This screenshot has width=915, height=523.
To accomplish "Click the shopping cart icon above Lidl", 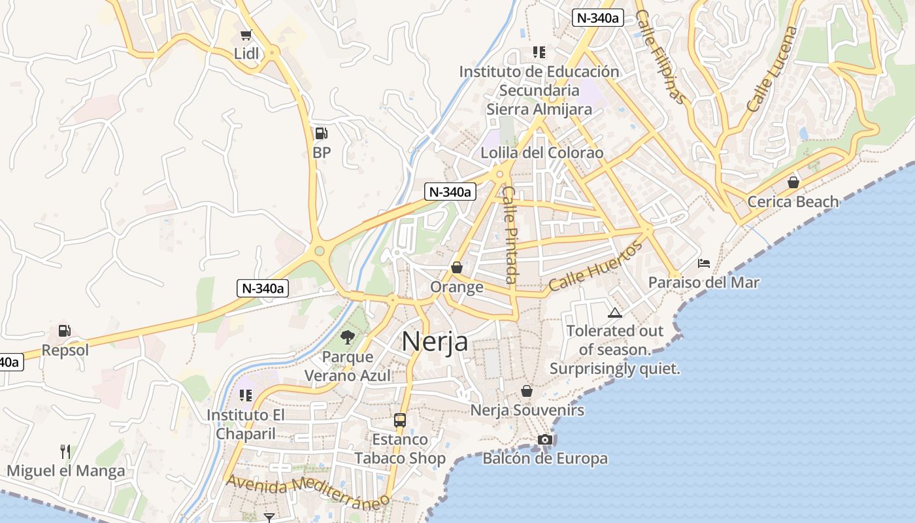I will click(246, 35).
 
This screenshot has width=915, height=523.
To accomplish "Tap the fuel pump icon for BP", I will click(321, 133).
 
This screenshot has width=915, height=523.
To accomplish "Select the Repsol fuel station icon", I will click(64, 331).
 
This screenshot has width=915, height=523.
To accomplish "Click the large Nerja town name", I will click(435, 341).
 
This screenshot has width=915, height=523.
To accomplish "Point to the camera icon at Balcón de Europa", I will click(545, 440).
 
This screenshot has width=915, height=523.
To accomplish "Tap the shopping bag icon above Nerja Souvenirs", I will click(527, 391).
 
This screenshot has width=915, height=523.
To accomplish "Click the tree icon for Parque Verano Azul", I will click(348, 337).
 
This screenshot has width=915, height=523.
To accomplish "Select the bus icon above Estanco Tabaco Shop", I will click(400, 420).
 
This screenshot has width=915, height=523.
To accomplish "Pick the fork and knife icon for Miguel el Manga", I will click(65, 451).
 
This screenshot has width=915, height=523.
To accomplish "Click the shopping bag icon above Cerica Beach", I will click(793, 182).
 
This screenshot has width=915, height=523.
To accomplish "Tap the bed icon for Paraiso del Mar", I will click(704, 263).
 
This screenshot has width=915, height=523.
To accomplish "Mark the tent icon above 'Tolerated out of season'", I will click(614, 312).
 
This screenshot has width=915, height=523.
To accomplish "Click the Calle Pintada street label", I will click(510, 235).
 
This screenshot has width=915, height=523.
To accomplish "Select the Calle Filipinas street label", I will click(661, 57).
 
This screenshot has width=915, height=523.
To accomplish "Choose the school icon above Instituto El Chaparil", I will click(246, 395).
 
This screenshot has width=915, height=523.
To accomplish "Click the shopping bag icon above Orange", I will click(457, 267).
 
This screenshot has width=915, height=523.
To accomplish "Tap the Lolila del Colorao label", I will click(542, 153).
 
